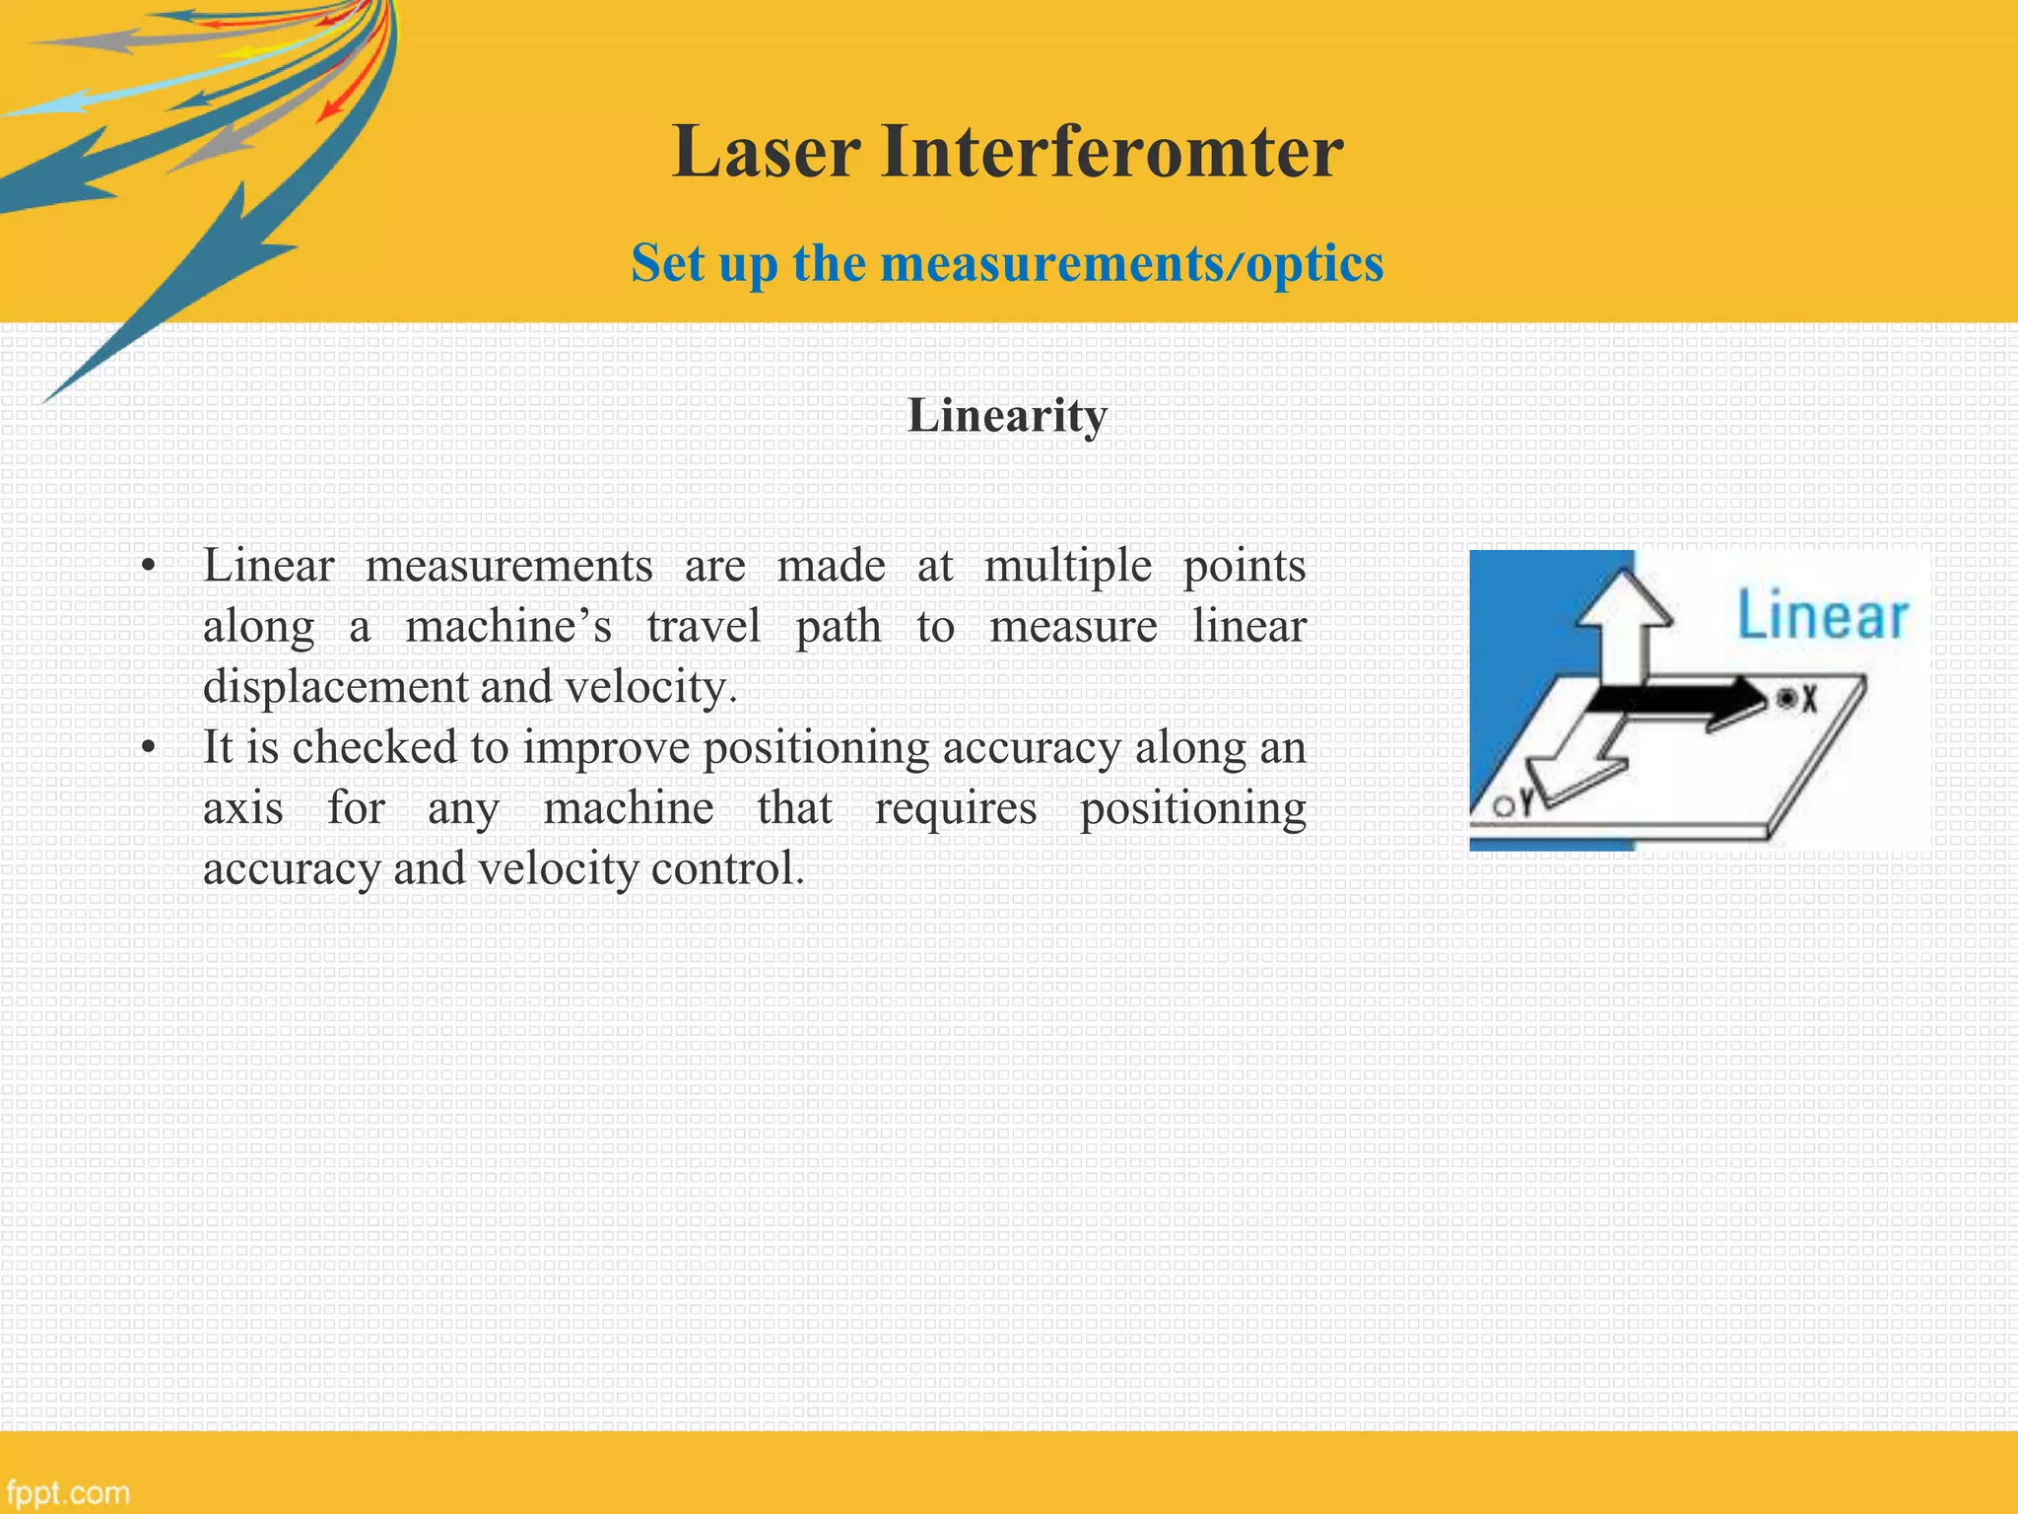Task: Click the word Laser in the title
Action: [766, 152]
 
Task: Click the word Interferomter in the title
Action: [1111, 152]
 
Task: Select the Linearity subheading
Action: [1007, 415]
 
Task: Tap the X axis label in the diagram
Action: [1809, 700]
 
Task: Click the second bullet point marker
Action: [148, 748]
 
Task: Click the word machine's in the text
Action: [508, 627]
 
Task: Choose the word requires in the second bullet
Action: [956, 808]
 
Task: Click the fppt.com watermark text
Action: [67, 1492]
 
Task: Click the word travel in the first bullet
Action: [704, 627]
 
